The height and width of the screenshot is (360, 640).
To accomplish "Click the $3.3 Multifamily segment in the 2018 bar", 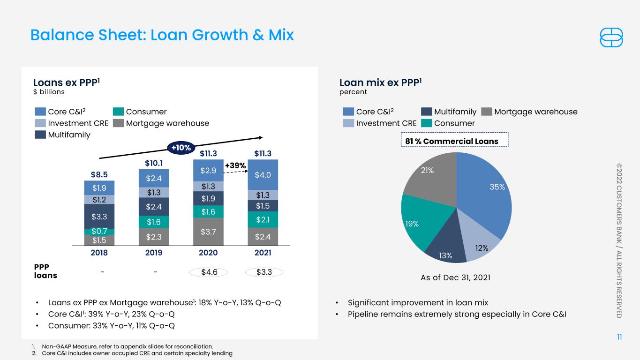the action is [99, 216].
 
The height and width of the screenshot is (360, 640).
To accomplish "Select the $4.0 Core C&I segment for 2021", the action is [263, 174].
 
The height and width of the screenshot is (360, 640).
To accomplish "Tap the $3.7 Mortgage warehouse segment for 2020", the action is [208, 232].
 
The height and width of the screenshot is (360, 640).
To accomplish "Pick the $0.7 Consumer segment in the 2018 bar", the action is [99, 232].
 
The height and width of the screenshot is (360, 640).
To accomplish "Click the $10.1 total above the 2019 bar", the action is [154, 163].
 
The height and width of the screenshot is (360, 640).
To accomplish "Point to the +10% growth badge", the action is [181, 148].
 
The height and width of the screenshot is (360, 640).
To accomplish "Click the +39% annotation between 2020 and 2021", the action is [235, 165].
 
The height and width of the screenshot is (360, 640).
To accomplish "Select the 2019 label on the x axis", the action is [154, 253].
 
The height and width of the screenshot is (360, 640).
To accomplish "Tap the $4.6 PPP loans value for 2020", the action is [209, 272].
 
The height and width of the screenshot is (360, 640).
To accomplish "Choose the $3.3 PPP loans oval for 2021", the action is [264, 272].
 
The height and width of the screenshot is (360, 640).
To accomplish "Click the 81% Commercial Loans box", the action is [455, 140].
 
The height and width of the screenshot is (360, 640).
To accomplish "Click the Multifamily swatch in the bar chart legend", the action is [40, 135].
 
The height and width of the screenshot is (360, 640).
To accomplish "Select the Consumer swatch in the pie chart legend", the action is [426, 123].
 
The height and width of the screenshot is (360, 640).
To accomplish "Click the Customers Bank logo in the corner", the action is [611, 37].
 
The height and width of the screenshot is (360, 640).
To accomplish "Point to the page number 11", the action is [619, 337].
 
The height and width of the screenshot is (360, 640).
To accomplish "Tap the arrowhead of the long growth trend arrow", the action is [261, 138].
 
